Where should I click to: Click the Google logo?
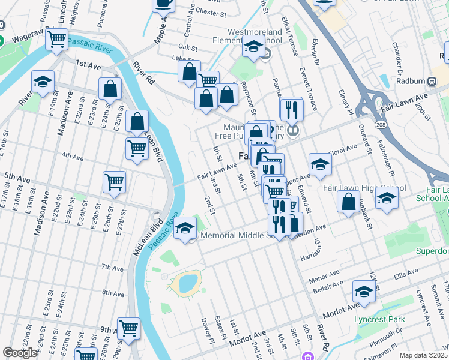pyautogui.click(x=20, y=353)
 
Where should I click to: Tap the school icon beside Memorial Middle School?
pyautogui.click(x=185, y=227)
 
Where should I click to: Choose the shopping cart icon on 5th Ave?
pyautogui.click(x=114, y=181)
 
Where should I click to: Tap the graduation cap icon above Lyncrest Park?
pyautogui.click(x=364, y=292)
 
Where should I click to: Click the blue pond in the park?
pyautogui.click(x=187, y=282)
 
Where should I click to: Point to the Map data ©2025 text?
pyautogui.click(x=423, y=355)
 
